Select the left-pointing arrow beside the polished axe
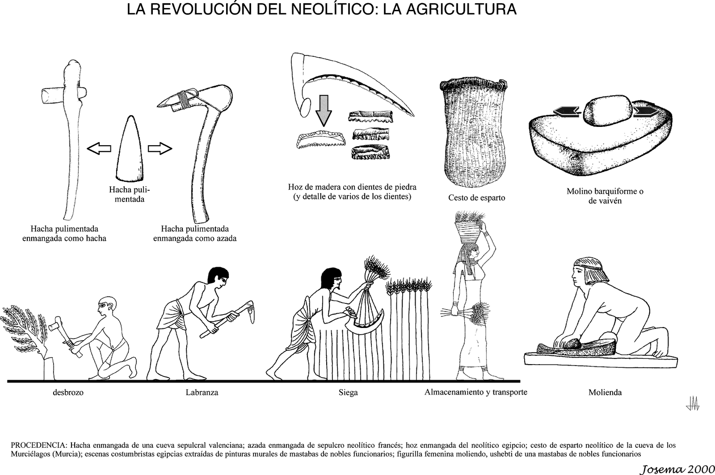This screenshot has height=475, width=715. [99, 149]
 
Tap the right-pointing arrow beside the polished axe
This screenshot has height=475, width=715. [160, 148]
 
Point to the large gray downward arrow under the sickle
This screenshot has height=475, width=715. [324, 111]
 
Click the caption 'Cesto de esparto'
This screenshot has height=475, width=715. [476, 198]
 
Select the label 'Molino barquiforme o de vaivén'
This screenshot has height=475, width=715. [605, 196]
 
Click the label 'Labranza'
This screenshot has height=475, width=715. [202, 393]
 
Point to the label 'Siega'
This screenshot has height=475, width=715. [348, 393]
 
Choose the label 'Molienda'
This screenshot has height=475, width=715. [605, 393]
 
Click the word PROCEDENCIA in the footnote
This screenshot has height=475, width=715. [38, 445]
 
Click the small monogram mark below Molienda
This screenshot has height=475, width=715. [692, 404]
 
